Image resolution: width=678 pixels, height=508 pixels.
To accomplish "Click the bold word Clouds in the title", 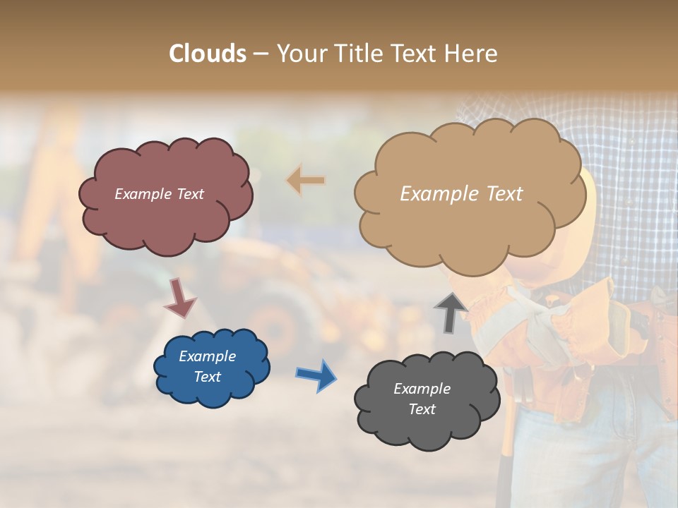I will pos(208,54).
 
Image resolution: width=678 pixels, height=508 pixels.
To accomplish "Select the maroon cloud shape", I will pos(165,219).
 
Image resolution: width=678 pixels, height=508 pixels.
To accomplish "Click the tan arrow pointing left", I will pos(306,181).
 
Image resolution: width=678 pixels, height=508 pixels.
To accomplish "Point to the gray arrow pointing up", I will pos(451,312).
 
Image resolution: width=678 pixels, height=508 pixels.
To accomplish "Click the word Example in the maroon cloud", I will pos(142,194).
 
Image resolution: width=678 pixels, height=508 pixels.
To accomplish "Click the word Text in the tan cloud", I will pos(500,194).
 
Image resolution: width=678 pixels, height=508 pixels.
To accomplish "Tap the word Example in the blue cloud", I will pos(207,356).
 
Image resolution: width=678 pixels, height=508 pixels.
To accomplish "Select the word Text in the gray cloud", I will pos(422,409).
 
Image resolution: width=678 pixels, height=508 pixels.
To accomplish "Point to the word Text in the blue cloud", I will pos(207,377).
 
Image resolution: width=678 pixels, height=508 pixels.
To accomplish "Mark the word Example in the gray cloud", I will pos(422,389).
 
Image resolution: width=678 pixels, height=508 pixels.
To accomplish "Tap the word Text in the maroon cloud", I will pos(189,194).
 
